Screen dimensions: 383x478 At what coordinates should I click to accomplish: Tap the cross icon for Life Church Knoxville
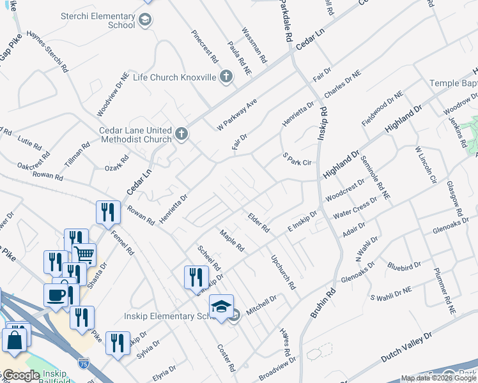point(225,77)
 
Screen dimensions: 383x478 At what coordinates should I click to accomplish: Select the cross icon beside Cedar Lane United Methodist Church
point(181,134)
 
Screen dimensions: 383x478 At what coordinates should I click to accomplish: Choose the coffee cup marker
point(55,294)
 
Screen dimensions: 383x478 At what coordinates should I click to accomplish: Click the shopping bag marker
point(15,341)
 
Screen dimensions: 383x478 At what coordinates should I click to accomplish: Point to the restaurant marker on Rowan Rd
point(108,211)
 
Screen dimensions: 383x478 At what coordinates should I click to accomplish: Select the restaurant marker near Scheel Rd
point(196,276)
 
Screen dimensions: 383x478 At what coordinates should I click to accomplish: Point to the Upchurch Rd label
point(282,273)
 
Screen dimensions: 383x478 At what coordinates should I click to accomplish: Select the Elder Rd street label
point(259,222)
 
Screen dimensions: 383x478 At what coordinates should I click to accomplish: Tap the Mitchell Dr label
point(261,304)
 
